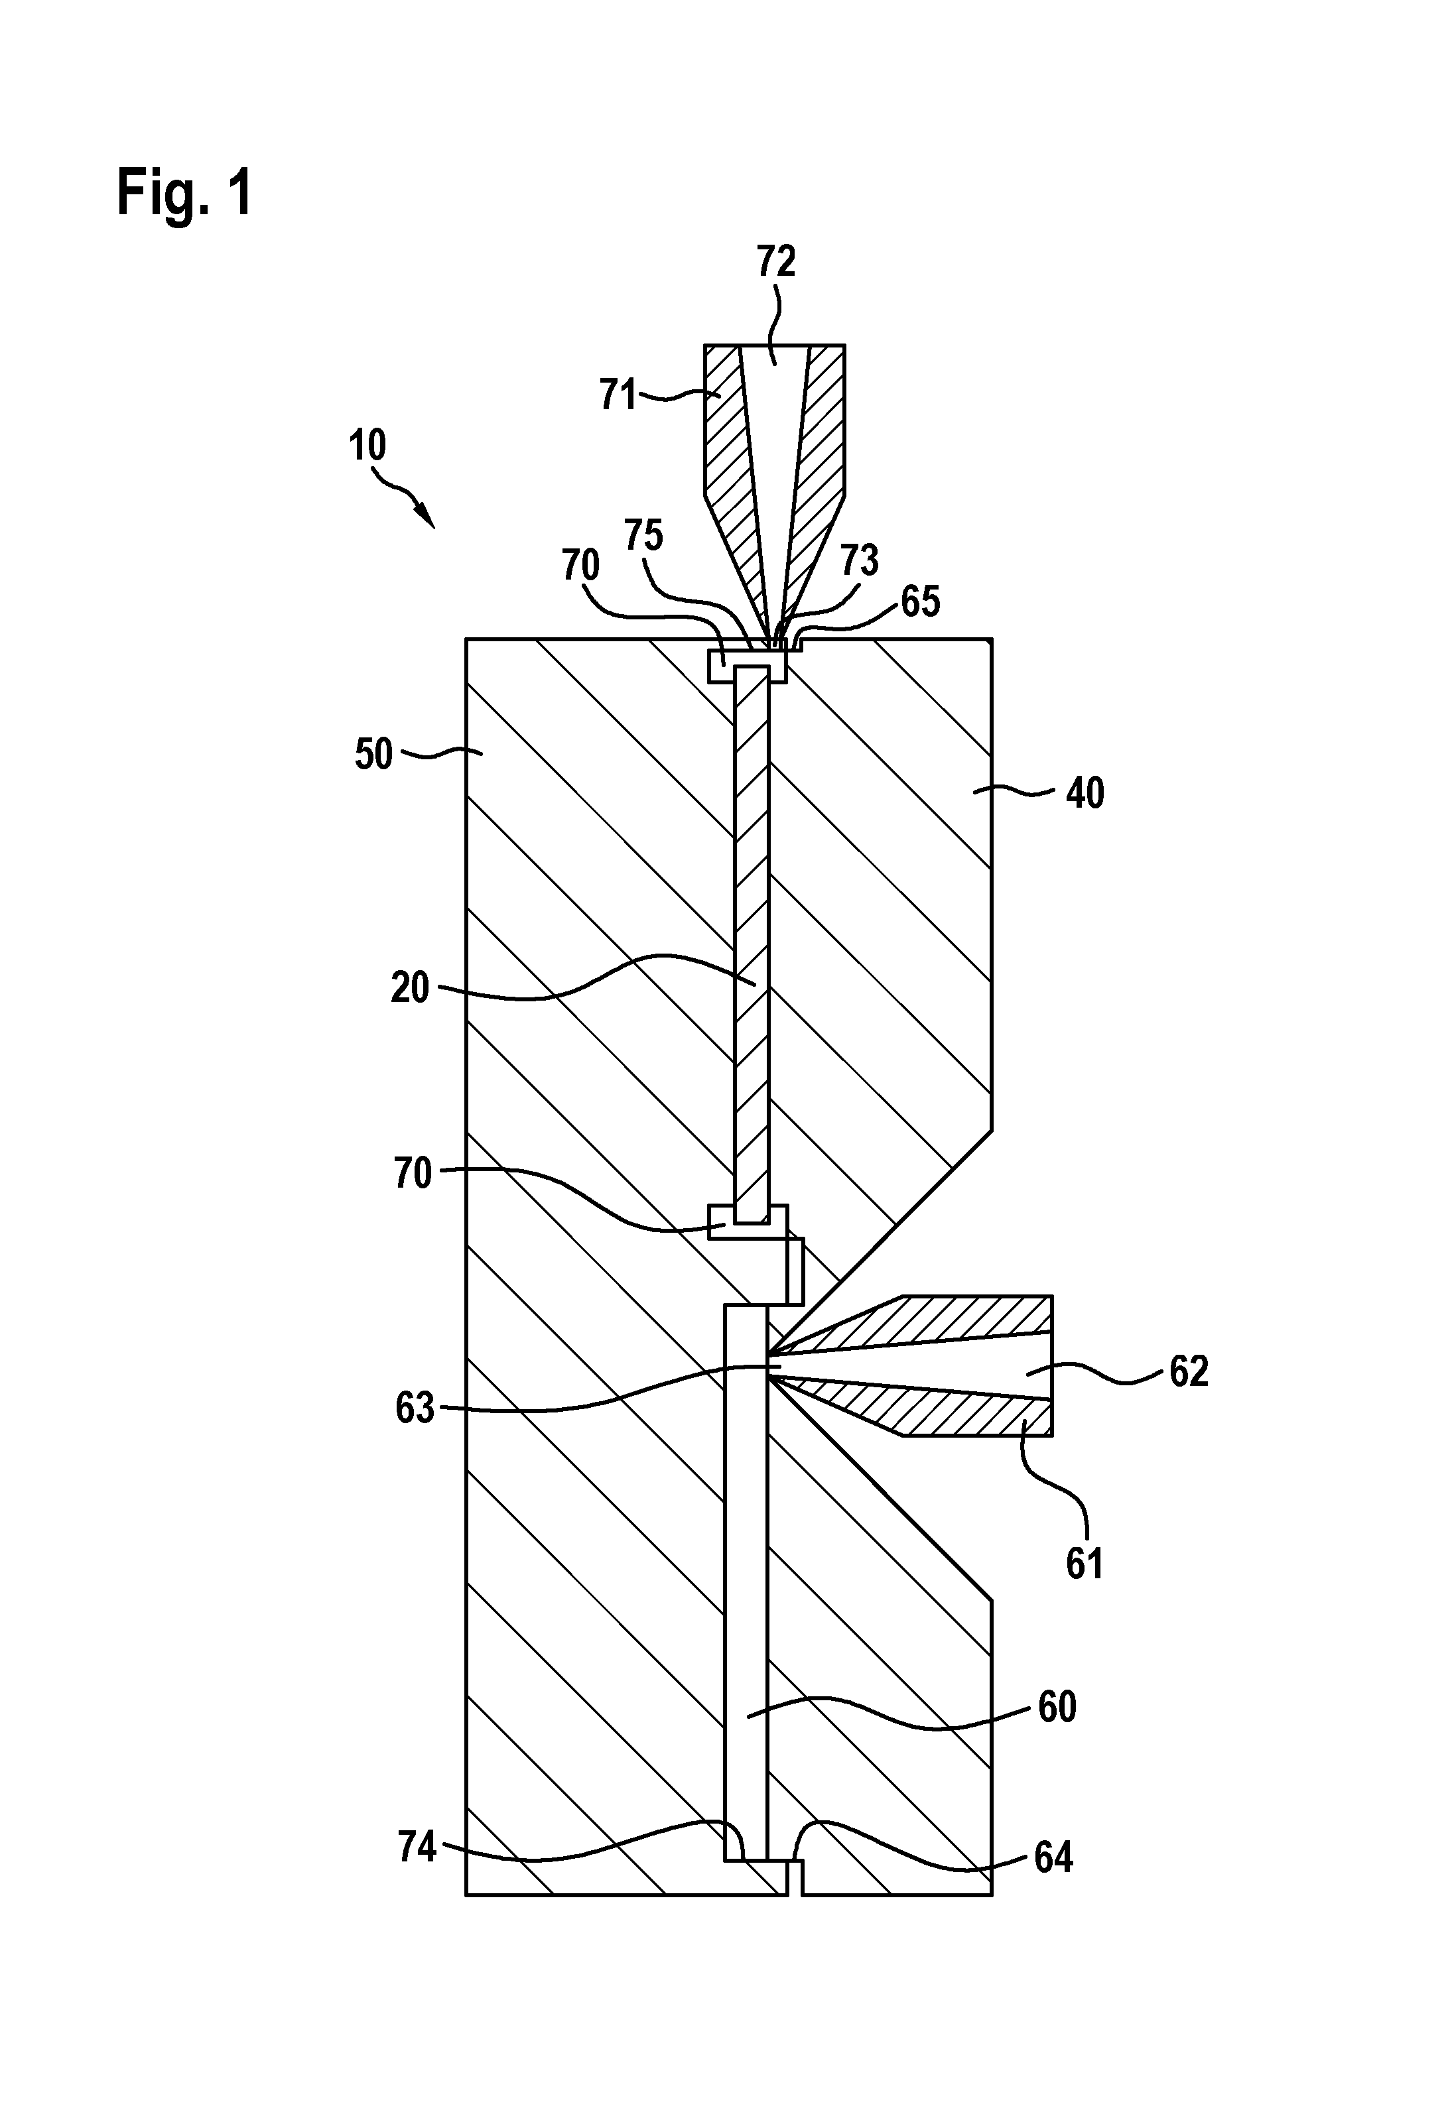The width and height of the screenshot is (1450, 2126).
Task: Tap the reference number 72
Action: [776, 262]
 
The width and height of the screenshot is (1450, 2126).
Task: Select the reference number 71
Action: [618, 395]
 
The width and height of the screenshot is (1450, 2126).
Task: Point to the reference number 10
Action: [367, 446]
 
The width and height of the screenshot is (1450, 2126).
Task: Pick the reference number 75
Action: [643, 535]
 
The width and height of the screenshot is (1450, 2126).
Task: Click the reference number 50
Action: [374, 755]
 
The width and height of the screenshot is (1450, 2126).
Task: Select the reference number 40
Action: [1085, 793]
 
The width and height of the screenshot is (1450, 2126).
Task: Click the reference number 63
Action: [415, 1408]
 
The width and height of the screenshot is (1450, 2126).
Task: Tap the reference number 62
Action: [1189, 1371]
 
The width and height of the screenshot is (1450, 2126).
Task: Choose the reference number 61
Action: [1085, 1564]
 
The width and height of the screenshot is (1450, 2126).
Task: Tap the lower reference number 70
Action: [412, 1173]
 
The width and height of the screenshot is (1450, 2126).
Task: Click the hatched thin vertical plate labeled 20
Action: [751, 944]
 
